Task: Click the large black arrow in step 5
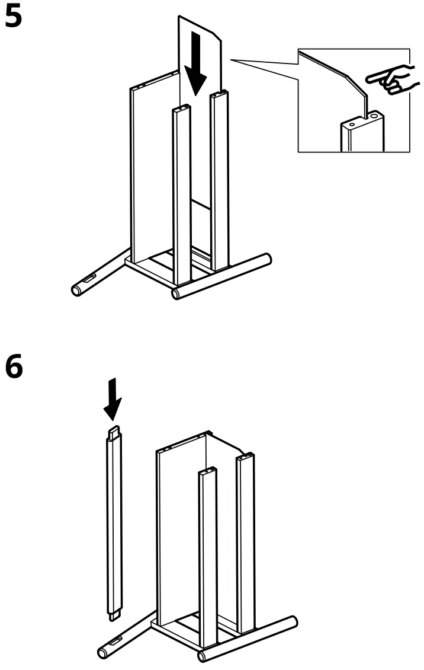pyautogui.click(x=195, y=71)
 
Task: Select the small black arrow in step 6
pyautogui.click(x=113, y=400)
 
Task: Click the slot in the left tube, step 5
pyautogui.click(x=89, y=279)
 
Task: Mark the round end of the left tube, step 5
pyautogui.click(x=76, y=290)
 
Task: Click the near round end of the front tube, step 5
pyautogui.click(x=176, y=293)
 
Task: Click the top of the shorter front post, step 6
pyautogui.click(x=207, y=472)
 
